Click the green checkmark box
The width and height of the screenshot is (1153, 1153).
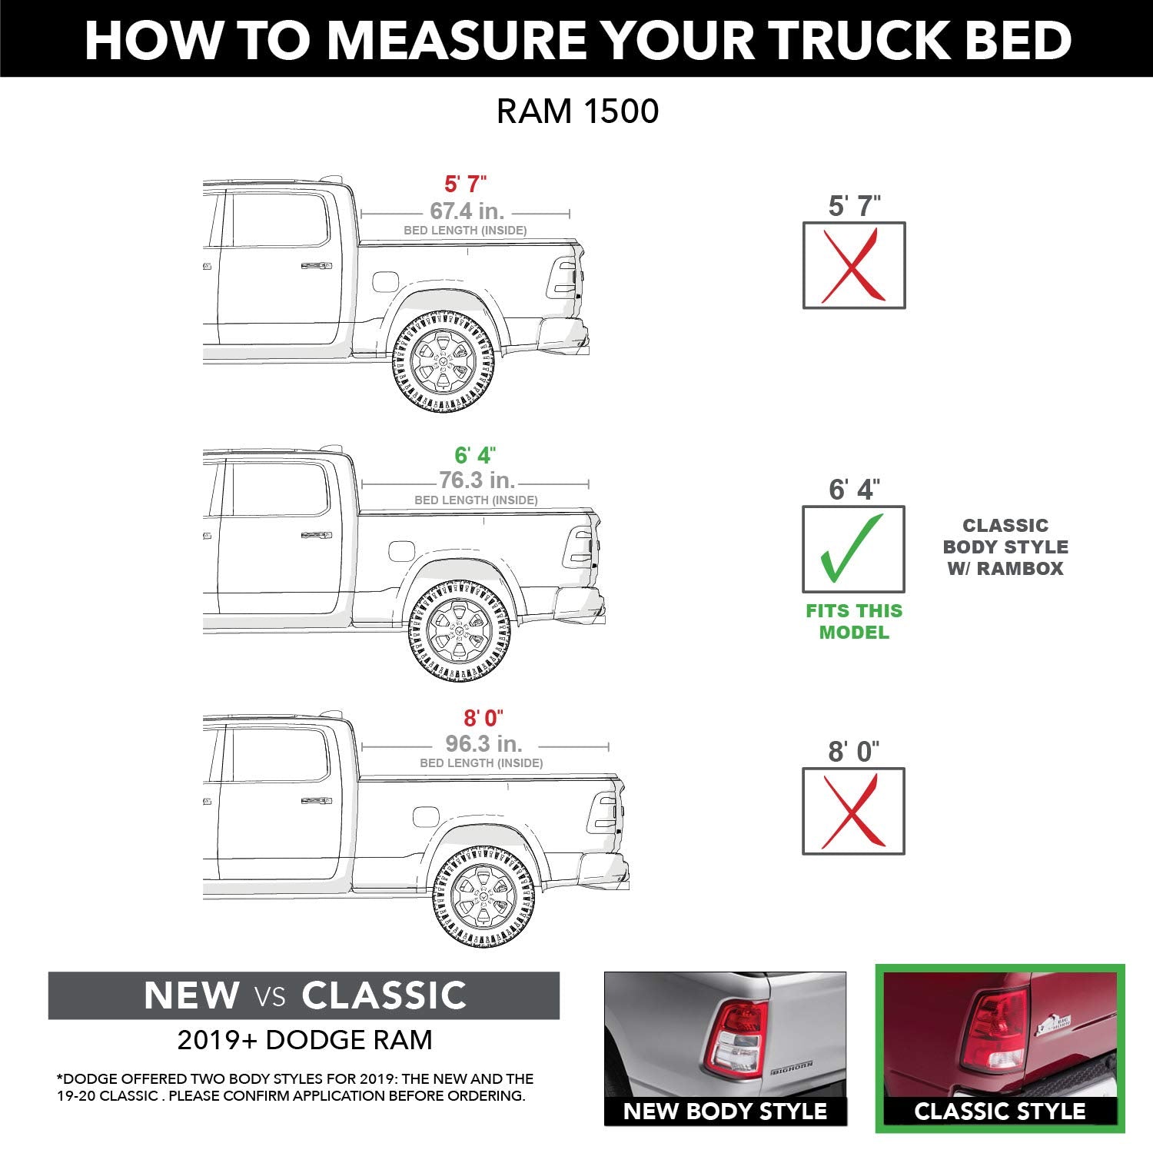853,549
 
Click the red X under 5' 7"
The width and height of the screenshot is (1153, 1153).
853,266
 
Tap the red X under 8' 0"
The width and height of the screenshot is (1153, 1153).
853,811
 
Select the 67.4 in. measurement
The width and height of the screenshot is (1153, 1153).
467,211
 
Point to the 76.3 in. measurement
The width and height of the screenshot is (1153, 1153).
477,480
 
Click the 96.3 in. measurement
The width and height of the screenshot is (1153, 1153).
483,744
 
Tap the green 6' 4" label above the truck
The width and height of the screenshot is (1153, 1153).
474,455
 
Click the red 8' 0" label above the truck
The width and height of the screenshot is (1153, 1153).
483,718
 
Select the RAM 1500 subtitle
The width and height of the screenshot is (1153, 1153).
577,111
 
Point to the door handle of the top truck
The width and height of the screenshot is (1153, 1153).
316,266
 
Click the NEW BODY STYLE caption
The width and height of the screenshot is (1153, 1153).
725,1111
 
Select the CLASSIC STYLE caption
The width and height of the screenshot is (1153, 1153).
999,1111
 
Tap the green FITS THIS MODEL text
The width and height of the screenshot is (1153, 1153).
853,622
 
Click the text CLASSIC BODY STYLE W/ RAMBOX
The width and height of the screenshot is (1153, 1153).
1005,547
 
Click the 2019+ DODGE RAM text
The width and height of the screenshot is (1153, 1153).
304,1040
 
